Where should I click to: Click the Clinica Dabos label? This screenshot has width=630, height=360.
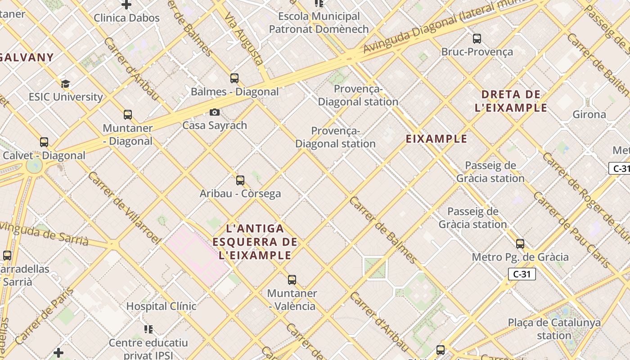pyautogui.click(x=126, y=18)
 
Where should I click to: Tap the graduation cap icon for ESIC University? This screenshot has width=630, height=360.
pyautogui.click(x=66, y=84)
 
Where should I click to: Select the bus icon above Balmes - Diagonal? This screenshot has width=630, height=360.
pyautogui.click(x=234, y=78)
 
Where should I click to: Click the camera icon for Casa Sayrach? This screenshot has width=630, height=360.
pyautogui.click(x=215, y=112)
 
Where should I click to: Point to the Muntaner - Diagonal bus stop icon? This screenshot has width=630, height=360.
pyautogui.click(x=128, y=115)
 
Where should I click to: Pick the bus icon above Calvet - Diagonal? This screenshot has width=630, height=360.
pyautogui.click(x=44, y=142)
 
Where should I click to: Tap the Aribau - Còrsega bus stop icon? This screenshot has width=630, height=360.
pyautogui.click(x=240, y=180)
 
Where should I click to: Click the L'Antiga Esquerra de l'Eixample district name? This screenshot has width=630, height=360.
pyautogui.click(x=255, y=242)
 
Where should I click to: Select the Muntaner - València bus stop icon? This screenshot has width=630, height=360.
pyautogui.click(x=292, y=280)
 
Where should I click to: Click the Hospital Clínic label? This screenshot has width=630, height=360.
pyautogui.click(x=161, y=306)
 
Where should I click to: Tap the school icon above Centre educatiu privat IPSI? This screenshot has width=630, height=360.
pyautogui.click(x=148, y=329)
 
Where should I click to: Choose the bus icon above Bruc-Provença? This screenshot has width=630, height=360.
pyautogui.click(x=477, y=39)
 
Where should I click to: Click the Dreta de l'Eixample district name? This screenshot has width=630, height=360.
pyautogui.click(x=511, y=101)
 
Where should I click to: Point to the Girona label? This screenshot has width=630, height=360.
pyautogui.click(x=589, y=114)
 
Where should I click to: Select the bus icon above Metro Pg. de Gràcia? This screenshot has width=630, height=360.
pyautogui.click(x=520, y=244)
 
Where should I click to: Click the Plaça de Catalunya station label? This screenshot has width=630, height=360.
pyautogui.click(x=554, y=329)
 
